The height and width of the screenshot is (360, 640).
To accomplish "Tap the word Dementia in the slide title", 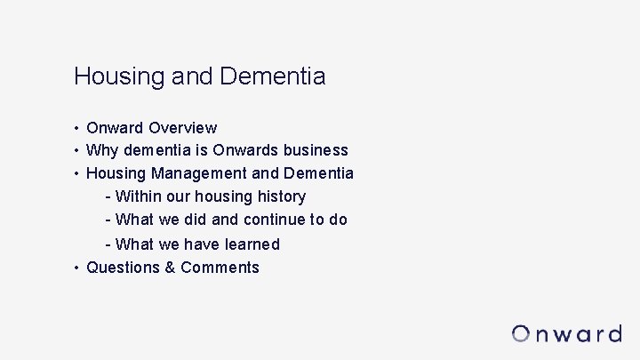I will [272, 76].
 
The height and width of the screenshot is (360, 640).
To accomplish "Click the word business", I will [315, 150].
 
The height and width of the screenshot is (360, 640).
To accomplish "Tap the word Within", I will [139, 196].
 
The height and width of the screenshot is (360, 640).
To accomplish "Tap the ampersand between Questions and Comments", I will [170, 268].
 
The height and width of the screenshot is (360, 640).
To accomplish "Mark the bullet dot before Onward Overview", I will [77, 129].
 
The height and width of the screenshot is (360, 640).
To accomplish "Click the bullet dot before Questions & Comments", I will [77, 268].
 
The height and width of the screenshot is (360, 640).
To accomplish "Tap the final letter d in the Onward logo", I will [612, 333].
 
